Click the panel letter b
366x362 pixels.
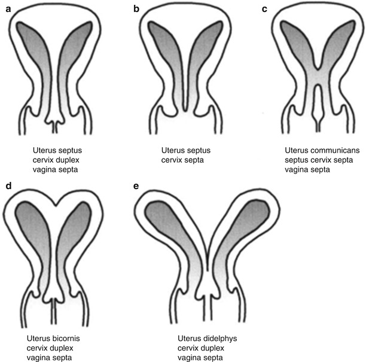137,9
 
